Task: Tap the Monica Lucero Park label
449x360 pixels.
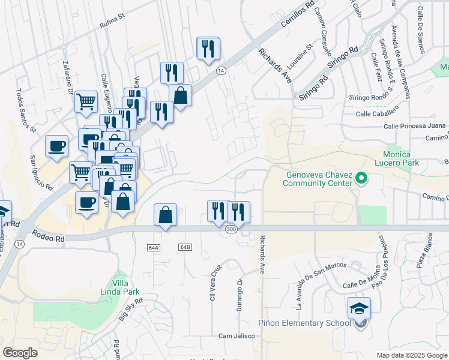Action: pyautogui.click(x=403, y=158)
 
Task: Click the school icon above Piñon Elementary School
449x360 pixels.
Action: pyautogui.click(x=359, y=308)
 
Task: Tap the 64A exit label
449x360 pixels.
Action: pyautogui.click(x=152, y=247)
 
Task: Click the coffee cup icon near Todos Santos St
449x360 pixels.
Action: pyautogui.click(x=57, y=146)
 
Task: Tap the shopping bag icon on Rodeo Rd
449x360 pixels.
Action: pyautogui.click(x=166, y=215)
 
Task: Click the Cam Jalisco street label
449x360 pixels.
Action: pyautogui.click(x=233, y=335)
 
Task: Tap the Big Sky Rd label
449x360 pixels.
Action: pyautogui.click(x=130, y=310)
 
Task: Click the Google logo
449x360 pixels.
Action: pyautogui.click(x=20, y=352)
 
